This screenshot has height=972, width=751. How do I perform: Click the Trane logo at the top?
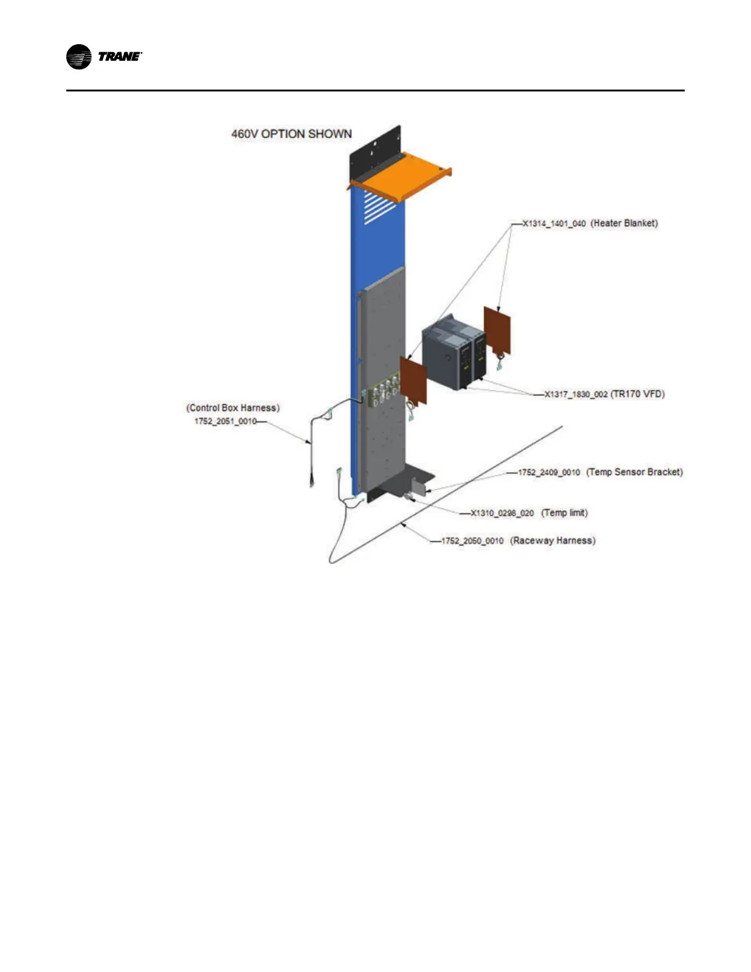pos(104,57)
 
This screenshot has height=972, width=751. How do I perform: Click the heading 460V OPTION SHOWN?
pos(291,134)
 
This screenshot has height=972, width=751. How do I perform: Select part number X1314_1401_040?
pos(554,224)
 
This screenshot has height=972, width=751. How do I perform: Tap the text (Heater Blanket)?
pos(624,223)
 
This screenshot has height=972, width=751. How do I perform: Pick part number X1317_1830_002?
pos(576,394)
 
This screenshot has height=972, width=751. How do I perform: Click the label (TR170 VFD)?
pos(637,394)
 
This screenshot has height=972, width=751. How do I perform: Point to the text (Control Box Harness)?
pos(233,408)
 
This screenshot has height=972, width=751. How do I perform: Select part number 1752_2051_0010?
pos(225,421)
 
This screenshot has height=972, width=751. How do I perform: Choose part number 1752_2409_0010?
pos(549,472)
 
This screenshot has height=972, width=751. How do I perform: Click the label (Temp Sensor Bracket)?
pos(634,472)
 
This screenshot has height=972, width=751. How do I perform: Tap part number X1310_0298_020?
pos(502,513)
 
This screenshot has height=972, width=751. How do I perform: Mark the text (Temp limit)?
pos(564,512)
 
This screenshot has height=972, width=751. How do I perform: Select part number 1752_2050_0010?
pos(472,541)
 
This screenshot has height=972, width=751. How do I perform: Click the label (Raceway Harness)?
pos(553,541)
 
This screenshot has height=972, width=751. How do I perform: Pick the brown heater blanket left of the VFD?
pos(413,380)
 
